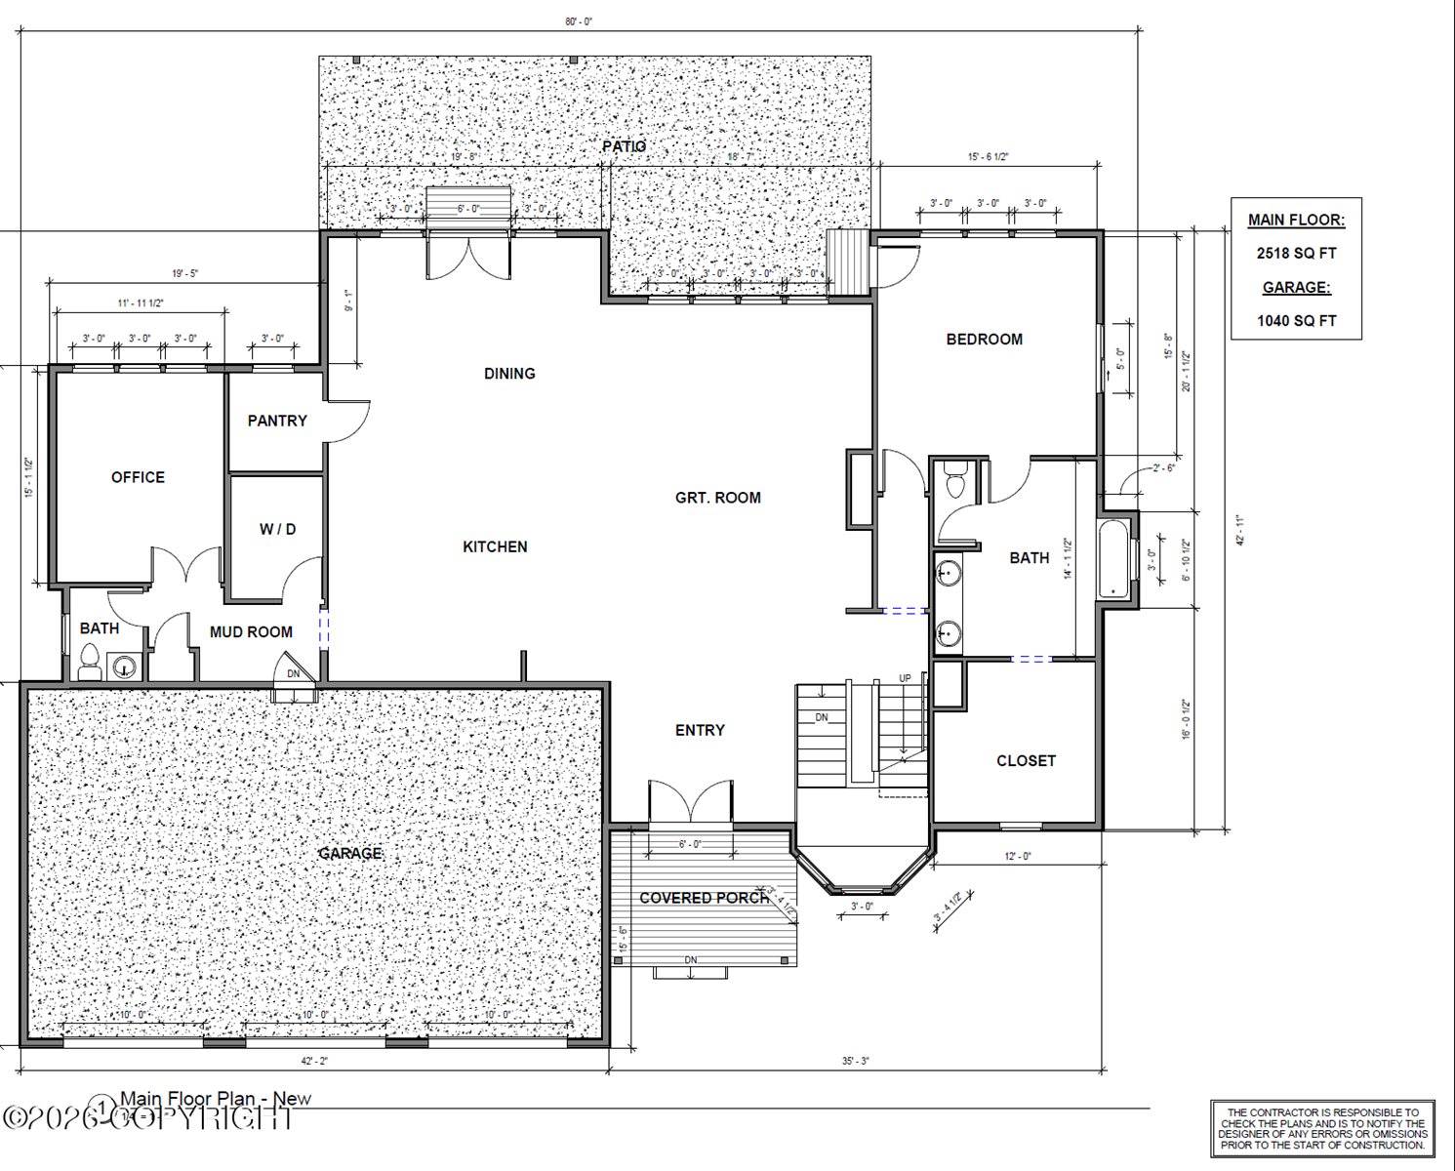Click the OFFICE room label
pyautogui.click(x=138, y=477)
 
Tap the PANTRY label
pyautogui.click(x=277, y=421)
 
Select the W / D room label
pyautogui.click(x=277, y=529)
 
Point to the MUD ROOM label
pyautogui.click(x=251, y=632)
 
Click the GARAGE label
pyautogui.click(x=350, y=853)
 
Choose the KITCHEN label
pyautogui.click(x=495, y=546)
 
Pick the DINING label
pyautogui.click(x=509, y=373)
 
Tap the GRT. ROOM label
pyautogui.click(x=717, y=498)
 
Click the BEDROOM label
pyautogui.click(x=985, y=340)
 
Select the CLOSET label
pyautogui.click(x=1026, y=760)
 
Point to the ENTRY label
pyautogui.click(x=700, y=730)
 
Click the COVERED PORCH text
pyautogui.click(x=704, y=897)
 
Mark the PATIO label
pyautogui.click(x=624, y=146)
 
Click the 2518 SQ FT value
pyautogui.click(x=1296, y=254)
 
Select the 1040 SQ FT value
pyautogui.click(x=1296, y=320)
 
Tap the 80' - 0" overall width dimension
pyautogui.click(x=579, y=21)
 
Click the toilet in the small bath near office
pyautogui.click(x=89, y=662)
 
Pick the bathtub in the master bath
pyautogui.click(x=1113, y=561)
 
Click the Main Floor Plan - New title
pyautogui.click(x=216, y=1099)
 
